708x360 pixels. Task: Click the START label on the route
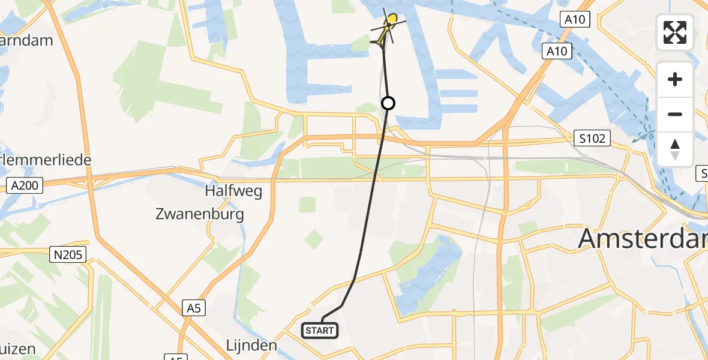[x=320, y=330]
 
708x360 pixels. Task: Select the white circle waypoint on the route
[x=388, y=103]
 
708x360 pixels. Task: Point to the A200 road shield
[x=25, y=185]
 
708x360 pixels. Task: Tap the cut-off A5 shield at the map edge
[x=175, y=358]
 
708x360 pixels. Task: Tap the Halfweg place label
[x=233, y=191]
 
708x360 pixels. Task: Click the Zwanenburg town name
[x=200, y=214]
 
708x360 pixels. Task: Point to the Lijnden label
[x=251, y=346]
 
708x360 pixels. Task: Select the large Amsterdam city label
[x=642, y=239]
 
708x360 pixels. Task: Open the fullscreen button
[x=675, y=32]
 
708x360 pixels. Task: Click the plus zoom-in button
[x=675, y=79]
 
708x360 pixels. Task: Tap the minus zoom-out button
[x=675, y=114]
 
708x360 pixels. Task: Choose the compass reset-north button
[x=675, y=149]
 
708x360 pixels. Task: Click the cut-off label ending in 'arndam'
[x=26, y=41]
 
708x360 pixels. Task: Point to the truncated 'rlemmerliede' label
[x=46, y=160]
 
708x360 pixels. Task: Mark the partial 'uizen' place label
[x=18, y=349]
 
